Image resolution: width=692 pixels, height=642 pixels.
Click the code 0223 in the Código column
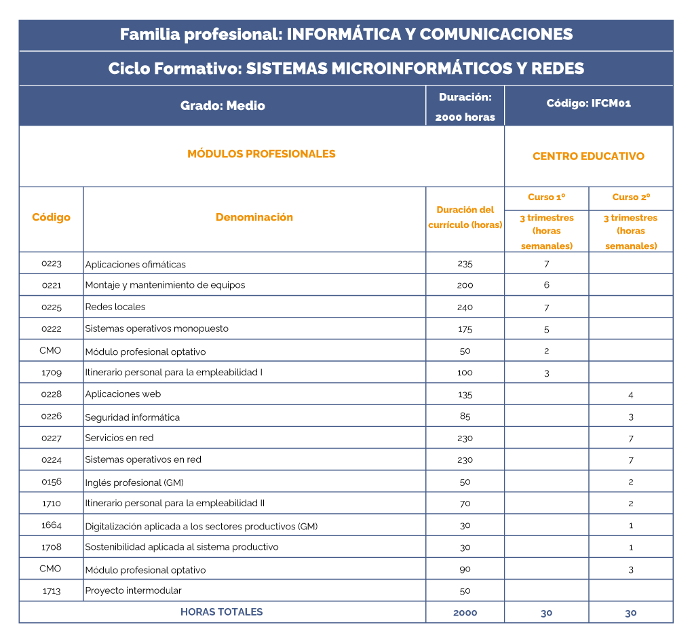[52, 263]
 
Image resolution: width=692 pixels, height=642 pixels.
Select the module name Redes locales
[115, 307]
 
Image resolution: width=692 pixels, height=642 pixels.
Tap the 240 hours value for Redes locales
[465, 307]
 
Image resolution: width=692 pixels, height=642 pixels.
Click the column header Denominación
[254, 217]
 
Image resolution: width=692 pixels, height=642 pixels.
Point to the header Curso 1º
[546, 197]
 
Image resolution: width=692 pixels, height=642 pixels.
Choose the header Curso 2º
[631, 197]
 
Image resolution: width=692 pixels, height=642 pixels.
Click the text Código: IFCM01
[588, 104]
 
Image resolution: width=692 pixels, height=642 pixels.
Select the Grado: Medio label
[223, 106]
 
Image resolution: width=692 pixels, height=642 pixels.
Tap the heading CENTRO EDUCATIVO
[588, 156]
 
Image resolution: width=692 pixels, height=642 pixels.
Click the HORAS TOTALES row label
[221, 611]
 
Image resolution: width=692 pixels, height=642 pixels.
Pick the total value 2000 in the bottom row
[465, 613]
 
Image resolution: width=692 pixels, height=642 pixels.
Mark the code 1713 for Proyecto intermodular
[52, 591]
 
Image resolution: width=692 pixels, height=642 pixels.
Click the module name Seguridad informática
[132, 417]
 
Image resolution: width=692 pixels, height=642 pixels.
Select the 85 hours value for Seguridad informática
[465, 416]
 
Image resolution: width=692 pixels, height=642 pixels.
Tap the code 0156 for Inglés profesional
[52, 482]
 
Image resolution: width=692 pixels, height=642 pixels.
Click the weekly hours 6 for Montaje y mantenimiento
[546, 285]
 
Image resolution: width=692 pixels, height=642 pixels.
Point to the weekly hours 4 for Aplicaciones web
[631, 395]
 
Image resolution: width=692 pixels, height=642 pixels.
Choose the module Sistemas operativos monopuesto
[157, 328]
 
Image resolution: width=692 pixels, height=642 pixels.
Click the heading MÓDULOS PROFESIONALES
[261, 154]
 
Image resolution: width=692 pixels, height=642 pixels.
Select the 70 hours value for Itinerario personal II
[465, 504]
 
